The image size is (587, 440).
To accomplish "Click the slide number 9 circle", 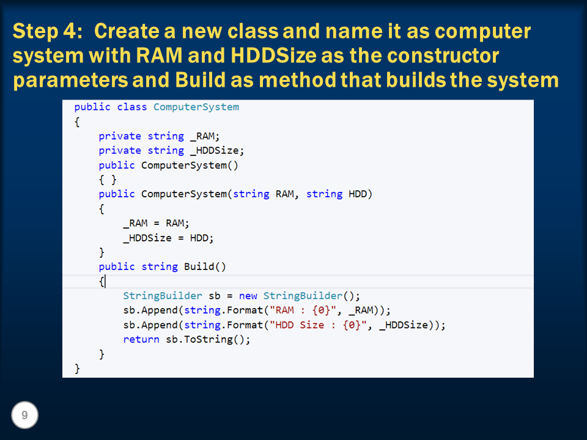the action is click(x=24, y=416).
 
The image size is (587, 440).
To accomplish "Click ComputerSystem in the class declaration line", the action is click(x=196, y=107).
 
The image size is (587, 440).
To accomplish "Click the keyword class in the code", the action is click(x=132, y=107).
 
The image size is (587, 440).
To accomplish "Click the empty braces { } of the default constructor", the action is click(x=108, y=180).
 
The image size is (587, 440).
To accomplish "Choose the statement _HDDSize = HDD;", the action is click(x=168, y=238).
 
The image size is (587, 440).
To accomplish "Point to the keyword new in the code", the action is click(x=248, y=296).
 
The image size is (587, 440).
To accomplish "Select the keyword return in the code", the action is click(x=141, y=339).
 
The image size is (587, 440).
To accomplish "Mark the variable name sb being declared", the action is click(x=215, y=296).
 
